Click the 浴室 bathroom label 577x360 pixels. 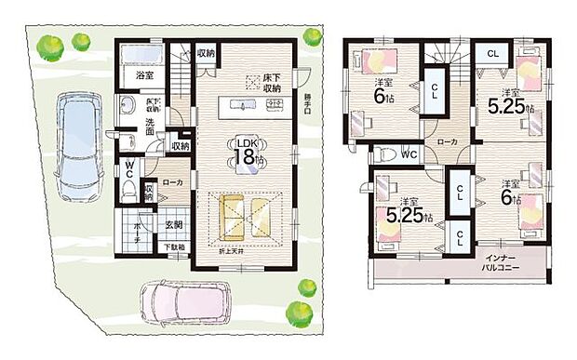[x=144, y=74]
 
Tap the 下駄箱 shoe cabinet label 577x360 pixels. [x=173, y=247]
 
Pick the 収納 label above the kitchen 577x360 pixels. [x=206, y=53]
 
